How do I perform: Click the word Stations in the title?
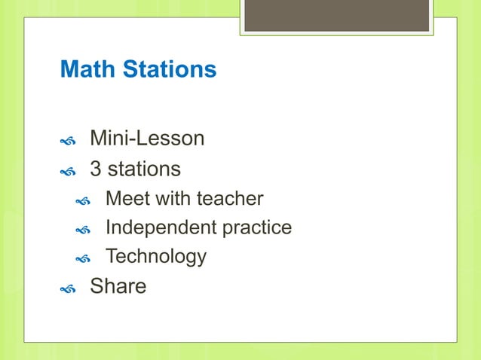tap(167, 70)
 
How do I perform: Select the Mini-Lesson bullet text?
tap(147, 139)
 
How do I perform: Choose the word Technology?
tap(156, 256)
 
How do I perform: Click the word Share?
tap(118, 286)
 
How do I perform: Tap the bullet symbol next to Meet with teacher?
tap(83, 201)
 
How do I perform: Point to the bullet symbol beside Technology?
tap(83, 258)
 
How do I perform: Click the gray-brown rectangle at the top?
tap(337, 15)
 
